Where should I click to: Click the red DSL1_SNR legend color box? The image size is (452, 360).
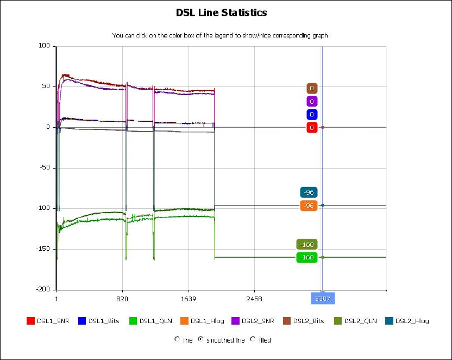point(31,321)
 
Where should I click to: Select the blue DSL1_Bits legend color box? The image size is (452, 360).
point(82,321)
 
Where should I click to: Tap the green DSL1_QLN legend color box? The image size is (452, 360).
point(133,321)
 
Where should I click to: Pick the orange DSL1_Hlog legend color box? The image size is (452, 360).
point(185,321)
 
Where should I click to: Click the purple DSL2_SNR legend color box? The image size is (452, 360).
point(236,321)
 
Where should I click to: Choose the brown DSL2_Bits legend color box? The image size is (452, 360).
point(287,321)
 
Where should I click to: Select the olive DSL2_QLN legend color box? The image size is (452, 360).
point(338,321)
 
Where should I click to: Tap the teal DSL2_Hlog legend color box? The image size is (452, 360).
point(389,321)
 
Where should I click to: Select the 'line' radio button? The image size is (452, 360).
point(177,339)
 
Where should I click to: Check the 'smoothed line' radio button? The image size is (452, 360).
point(200,339)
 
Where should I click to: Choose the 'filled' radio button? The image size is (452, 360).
point(253,339)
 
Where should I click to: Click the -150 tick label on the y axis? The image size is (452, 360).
point(42,249)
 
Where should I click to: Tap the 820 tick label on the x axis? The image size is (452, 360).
point(122,299)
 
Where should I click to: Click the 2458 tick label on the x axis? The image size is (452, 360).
point(254,299)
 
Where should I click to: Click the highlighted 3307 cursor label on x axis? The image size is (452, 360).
point(323,299)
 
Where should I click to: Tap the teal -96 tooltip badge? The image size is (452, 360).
point(308,193)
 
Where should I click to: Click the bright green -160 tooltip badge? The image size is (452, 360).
point(307,257)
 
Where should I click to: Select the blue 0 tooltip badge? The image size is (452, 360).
point(311,115)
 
